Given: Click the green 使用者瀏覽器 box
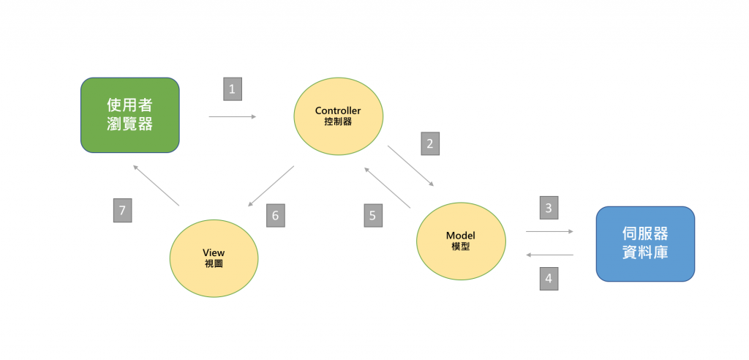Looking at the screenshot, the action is click(x=129, y=115).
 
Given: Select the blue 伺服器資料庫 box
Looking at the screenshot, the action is click(x=644, y=244).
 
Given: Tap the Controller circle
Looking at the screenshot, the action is click(x=338, y=116).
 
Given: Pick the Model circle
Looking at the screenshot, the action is click(x=461, y=241).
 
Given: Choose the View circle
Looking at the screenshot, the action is click(x=214, y=258).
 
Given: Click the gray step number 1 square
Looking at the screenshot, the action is click(x=233, y=89).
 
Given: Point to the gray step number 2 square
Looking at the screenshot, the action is click(x=430, y=143).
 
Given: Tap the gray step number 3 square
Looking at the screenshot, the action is click(x=549, y=208).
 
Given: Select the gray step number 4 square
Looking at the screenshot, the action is click(x=549, y=279).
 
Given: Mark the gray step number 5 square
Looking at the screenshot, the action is click(x=373, y=215).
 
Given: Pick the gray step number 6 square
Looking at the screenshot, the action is click(x=275, y=215).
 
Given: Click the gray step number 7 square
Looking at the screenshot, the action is click(x=123, y=211).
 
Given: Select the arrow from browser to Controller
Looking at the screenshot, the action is click(x=233, y=116).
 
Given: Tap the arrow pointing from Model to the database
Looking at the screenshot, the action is click(x=549, y=231).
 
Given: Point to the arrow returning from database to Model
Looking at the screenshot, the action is click(x=549, y=255).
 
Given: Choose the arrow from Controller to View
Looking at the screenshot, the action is click(x=271, y=186).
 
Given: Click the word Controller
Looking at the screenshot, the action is click(x=338, y=110).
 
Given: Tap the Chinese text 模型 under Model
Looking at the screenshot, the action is click(x=461, y=247).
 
